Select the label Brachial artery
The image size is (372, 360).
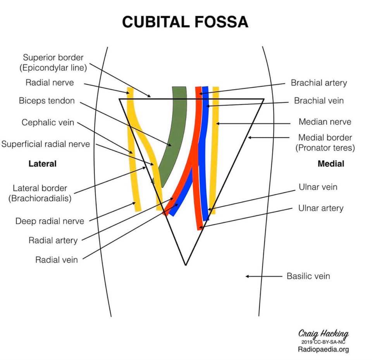[x=319, y=83]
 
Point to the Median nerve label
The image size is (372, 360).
[x=325, y=122]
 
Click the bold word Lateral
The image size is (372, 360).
[x=43, y=163]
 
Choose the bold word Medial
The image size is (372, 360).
[x=331, y=163]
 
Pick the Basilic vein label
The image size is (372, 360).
[x=308, y=276]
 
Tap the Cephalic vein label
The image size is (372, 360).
[x=48, y=122]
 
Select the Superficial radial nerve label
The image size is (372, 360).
[x=46, y=144]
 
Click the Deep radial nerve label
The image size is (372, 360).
[x=50, y=221]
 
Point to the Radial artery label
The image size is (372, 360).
[x=53, y=240]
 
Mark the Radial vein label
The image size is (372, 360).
[x=57, y=260]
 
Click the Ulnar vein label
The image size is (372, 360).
[x=318, y=187]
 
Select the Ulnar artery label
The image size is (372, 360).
[x=321, y=208]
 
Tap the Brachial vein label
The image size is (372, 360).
[x=319, y=101]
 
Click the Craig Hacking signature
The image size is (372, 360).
[x=323, y=334]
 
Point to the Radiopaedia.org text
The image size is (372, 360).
[x=323, y=349]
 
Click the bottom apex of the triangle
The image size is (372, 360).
[x=186, y=265]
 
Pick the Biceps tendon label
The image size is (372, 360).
[x=47, y=101]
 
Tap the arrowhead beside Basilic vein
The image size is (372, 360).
[x=247, y=276]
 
